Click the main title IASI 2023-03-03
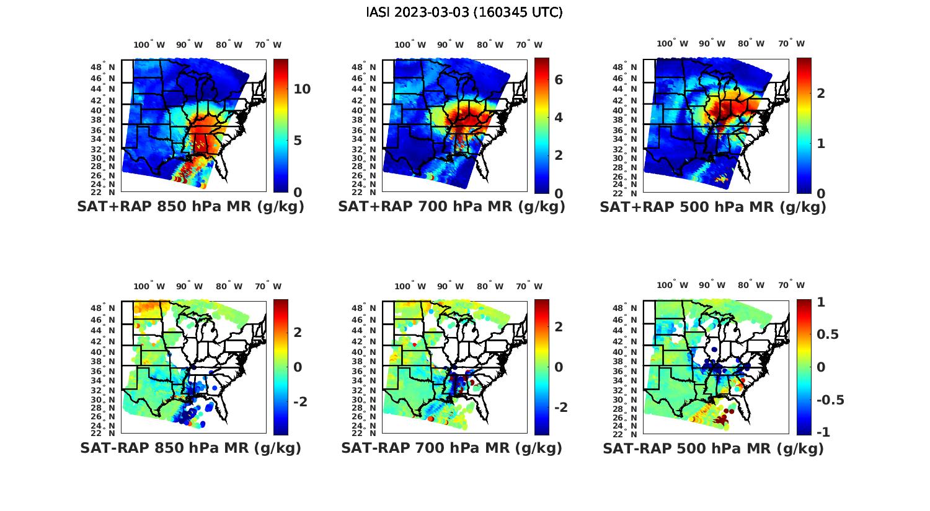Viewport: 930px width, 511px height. tap(464, 12)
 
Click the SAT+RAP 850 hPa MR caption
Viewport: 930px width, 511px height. tap(190, 207)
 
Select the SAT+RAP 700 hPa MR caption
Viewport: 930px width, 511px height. tap(451, 207)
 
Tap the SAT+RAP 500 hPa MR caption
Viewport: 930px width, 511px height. tap(713, 207)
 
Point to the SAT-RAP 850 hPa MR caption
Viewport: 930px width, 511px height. tap(190, 448)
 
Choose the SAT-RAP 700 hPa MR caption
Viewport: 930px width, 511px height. tap(451, 448)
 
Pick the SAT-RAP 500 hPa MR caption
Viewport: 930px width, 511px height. tap(713, 448)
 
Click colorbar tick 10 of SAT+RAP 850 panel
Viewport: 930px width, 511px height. tap(302, 89)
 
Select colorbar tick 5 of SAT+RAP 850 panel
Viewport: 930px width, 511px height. tap(298, 141)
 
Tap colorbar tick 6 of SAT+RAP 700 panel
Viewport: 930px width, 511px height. tap(559, 80)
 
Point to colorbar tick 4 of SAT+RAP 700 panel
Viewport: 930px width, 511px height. tap(559, 118)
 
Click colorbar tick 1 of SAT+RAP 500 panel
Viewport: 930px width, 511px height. tap(821, 143)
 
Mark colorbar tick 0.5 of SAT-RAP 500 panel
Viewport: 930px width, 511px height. tap(828, 334)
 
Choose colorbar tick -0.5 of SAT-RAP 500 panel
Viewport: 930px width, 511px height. tap(830, 400)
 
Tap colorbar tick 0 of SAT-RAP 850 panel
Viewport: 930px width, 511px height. tap(298, 367)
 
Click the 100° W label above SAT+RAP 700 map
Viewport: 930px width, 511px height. tap(410, 45)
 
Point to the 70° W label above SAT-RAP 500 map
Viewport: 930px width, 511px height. tap(791, 286)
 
